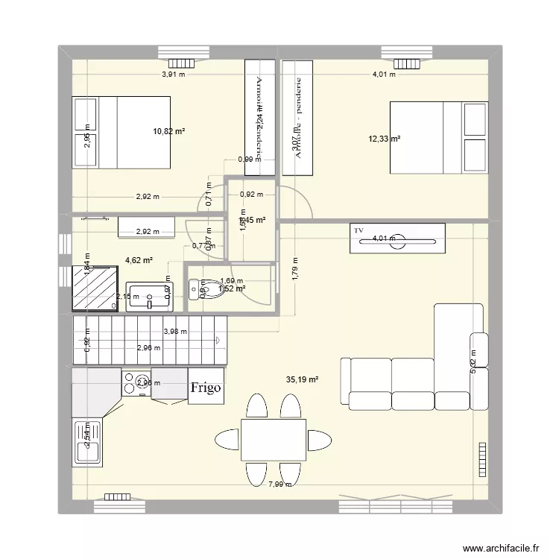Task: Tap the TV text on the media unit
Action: coord(359,231)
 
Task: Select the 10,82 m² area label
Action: coord(169,131)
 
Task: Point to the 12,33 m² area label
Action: coord(385,139)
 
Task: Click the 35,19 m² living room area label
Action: coord(302,379)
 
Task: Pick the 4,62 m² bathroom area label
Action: coord(139,260)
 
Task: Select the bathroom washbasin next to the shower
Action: coord(150,297)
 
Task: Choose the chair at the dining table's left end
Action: coord(226,439)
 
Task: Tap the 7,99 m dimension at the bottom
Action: coord(280,484)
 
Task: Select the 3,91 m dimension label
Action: coord(174,75)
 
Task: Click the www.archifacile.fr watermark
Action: coord(500,546)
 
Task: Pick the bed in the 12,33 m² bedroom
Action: coord(440,139)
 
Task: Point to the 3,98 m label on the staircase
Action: coord(175,332)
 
